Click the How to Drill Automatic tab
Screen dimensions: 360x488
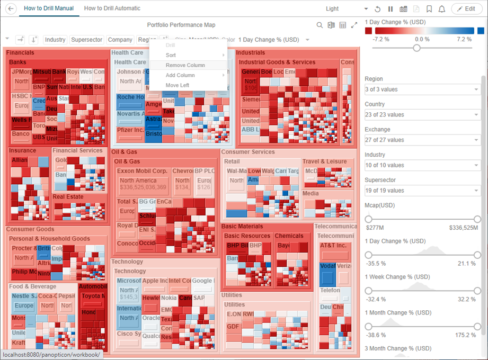click(x=112, y=8)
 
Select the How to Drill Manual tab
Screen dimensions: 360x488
click(x=49, y=8)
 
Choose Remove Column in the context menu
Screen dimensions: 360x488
click(x=185, y=65)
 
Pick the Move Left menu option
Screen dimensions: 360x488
click(x=177, y=85)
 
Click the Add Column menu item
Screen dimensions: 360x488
click(x=180, y=75)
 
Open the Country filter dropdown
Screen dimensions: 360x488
click(x=422, y=115)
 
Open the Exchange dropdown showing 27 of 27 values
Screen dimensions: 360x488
click(x=422, y=140)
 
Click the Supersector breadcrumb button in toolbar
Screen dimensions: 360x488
click(x=87, y=40)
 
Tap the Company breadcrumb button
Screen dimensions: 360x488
click(x=120, y=40)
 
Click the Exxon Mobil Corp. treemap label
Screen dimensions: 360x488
click(x=142, y=171)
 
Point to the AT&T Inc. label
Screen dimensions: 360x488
click(x=333, y=246)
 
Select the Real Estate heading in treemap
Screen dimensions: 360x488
click(x=68, y=197)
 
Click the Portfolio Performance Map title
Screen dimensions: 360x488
click(x=181, y=25)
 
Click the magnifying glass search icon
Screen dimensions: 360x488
click(x=320, y=25)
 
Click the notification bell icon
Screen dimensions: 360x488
click(x=441, y=9)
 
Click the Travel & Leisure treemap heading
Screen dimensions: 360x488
click(x=324, y=161)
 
